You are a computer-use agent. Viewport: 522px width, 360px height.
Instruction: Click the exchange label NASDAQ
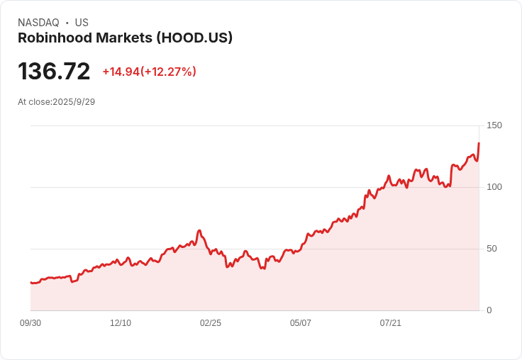point(38,23)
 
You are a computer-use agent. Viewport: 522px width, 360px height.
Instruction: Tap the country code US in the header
point(82,23)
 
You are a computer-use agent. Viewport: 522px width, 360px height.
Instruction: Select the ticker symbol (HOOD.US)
point(192,38)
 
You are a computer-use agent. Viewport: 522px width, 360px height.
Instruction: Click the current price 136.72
point(54,72)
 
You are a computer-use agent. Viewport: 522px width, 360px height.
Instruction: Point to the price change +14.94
point(121,72)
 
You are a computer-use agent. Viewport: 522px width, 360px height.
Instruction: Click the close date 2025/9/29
point(74,101)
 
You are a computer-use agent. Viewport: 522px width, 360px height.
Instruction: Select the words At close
point(33,101)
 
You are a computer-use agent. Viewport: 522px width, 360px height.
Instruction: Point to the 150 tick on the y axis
point(494,125)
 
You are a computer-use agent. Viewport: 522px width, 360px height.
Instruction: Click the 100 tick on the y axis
point(494,187)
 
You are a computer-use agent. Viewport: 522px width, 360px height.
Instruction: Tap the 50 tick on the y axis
point(492,249)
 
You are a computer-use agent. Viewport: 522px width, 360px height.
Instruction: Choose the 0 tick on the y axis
point(489,310)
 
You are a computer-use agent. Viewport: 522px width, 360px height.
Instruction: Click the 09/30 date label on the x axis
point(30,323)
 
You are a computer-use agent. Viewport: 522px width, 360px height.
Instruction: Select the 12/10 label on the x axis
point(121,323)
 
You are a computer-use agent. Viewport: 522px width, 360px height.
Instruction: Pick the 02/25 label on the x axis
point(211,323)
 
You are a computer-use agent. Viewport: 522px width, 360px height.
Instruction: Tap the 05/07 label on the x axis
point(301,323)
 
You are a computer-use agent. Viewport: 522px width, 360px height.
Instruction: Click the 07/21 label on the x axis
point(391,323)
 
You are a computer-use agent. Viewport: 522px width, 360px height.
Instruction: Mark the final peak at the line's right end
point(479,144)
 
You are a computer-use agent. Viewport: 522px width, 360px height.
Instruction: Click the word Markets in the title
point(125,38)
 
